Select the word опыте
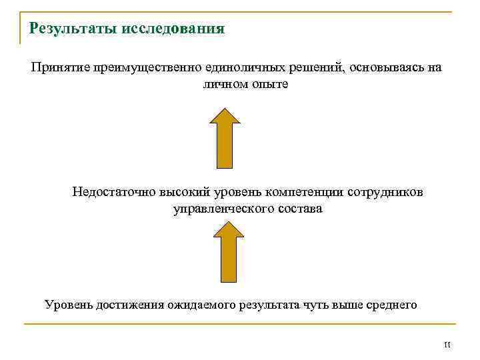[271, 86]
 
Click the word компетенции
[303, 193]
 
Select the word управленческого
[221, 209]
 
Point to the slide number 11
[447, 345]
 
